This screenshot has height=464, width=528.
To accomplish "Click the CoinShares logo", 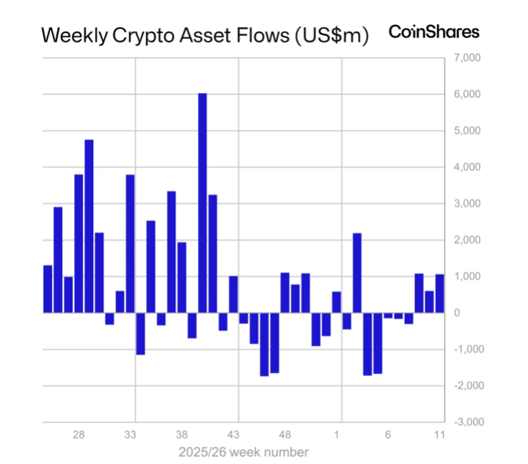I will (433, 32).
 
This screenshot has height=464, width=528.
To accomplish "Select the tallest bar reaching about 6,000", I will (202, 203).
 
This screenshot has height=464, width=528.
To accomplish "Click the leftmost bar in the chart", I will (48, 289).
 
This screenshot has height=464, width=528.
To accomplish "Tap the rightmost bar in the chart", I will (440, 293).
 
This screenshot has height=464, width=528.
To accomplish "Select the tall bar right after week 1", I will (357, 273).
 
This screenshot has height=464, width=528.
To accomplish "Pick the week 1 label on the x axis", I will (338, 435).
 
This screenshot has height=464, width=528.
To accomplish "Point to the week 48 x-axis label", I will (285, 435).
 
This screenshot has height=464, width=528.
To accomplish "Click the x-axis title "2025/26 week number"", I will (243, 452).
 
